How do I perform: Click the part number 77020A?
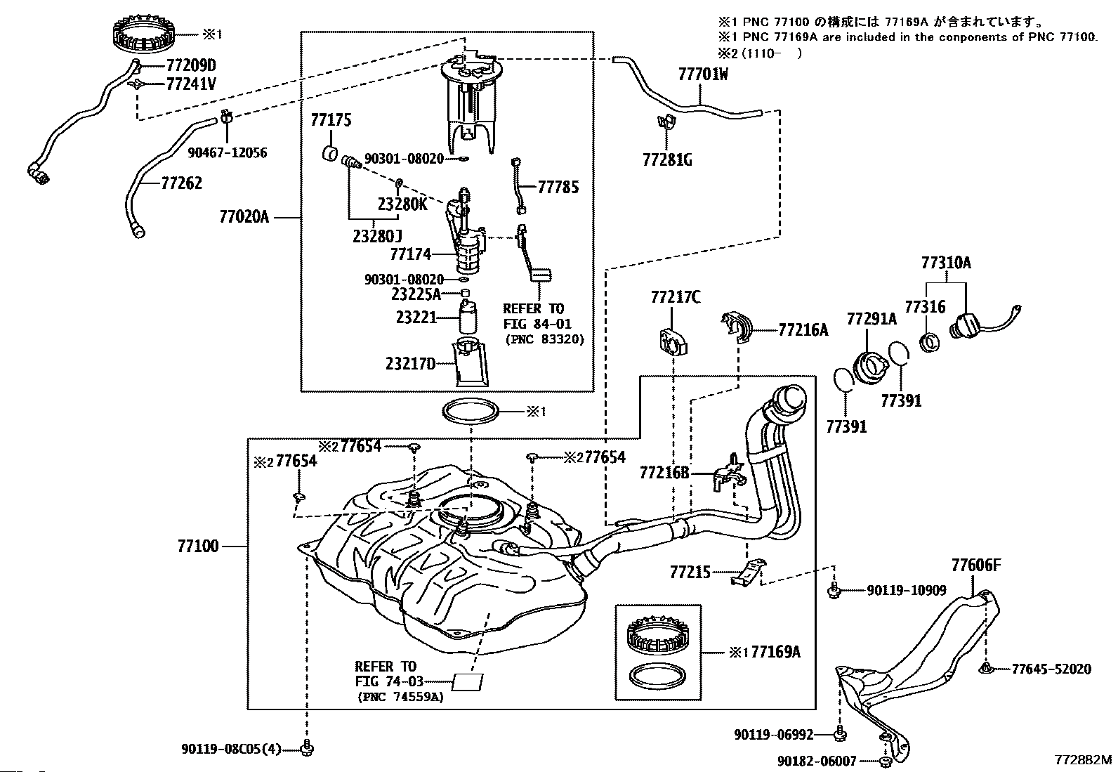(x=244, y=217)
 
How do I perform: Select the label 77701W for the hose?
(x=703, y=74)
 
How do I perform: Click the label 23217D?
(x=410, y=363)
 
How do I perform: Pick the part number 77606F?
(x=975, y=564)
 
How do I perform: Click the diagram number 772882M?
(x=1081, y=760)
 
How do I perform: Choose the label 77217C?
(x=675, y=297)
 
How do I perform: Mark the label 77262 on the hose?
(x=181, y=183)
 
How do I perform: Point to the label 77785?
(x=558, y=188)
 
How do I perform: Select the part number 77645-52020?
(x=1051, y=669)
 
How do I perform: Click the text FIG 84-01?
(x=537, y=324)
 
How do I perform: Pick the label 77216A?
(x=803, y=330)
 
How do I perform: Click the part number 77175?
(x=331, y=120)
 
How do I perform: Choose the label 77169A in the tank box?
(x=775, y=652)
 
